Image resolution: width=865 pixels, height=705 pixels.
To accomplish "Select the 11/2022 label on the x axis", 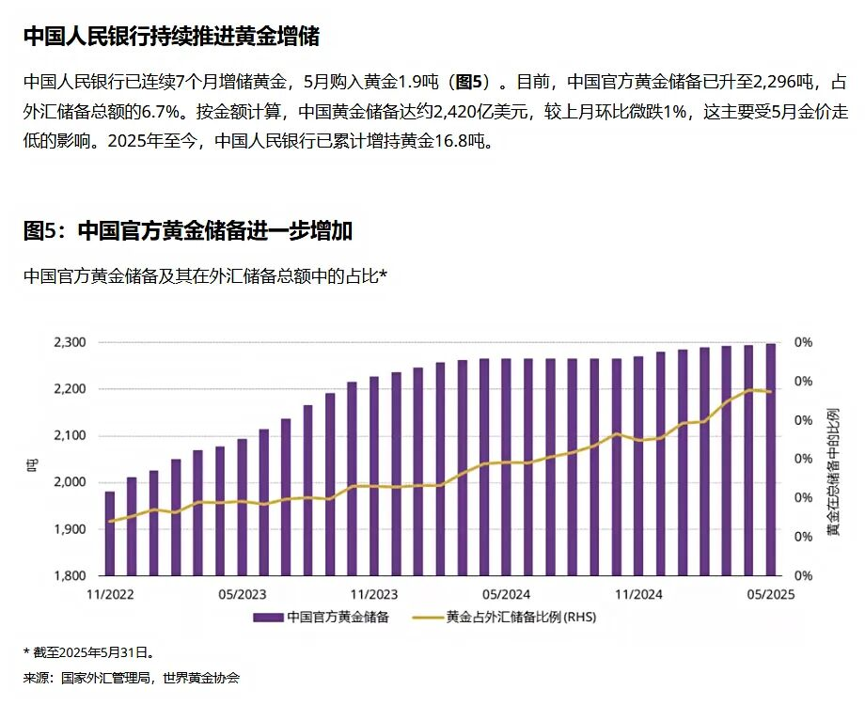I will pos(110,594).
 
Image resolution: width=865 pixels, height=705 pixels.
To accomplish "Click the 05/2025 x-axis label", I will pos(770,594).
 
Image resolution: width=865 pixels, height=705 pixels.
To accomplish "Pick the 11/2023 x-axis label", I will pos(374,594).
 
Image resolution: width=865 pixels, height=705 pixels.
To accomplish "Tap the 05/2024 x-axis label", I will pos(506,594).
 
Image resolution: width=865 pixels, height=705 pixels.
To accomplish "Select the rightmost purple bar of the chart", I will pos(771,459).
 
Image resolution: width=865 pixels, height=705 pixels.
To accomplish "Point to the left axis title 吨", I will pos(31,459).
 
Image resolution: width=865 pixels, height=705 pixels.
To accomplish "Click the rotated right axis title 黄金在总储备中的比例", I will pos(833,472).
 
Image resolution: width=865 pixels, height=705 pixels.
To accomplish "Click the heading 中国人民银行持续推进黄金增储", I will pos(171,37).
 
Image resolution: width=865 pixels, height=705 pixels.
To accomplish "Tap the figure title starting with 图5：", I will pos(188,231).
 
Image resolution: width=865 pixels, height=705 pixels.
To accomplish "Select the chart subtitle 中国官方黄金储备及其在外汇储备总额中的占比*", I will pos(206,276).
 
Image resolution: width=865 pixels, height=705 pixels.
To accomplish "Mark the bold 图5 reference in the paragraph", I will pos(470,83).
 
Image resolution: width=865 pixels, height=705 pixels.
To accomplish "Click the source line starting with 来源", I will pos(131,678).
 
